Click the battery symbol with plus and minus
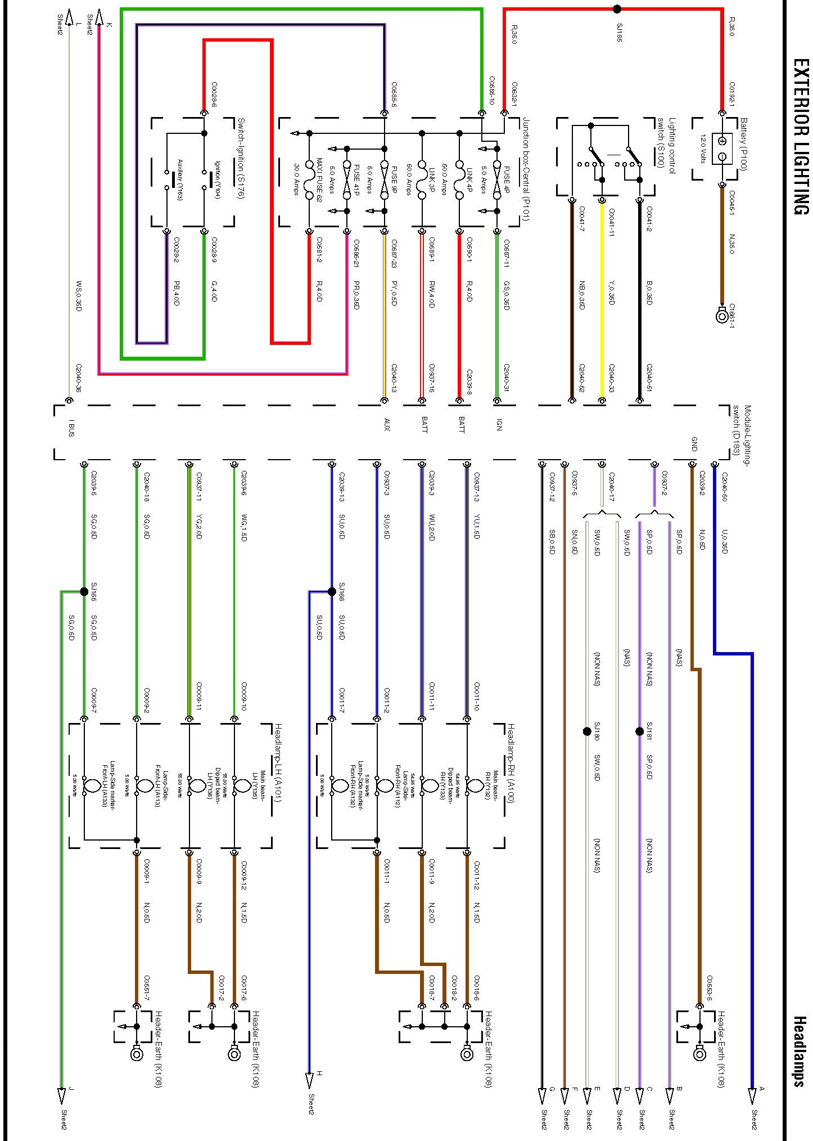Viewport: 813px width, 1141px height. [722, 149]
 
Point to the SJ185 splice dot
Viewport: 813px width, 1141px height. [617, 9]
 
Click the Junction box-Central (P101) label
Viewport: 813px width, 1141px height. [526, 169]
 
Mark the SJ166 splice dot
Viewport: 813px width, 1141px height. [332, 591]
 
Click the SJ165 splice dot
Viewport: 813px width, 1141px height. [84, 591]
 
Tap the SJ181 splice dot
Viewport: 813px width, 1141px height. [639, 731]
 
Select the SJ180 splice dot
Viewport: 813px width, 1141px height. [587, 731]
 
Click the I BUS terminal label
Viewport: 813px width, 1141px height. [71, 428]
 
